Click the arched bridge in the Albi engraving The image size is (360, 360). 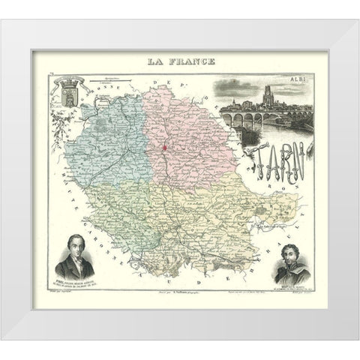(266, 117)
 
